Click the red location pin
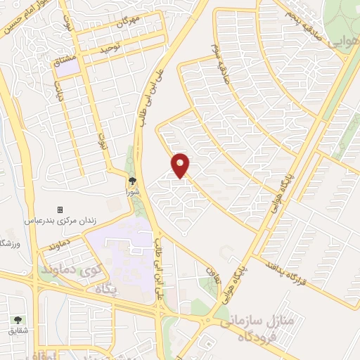coord(181,165)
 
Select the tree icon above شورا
coord(132,180)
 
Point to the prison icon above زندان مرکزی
coord(60,210)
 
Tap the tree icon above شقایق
coord(17,318)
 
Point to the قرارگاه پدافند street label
coord(290,275)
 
